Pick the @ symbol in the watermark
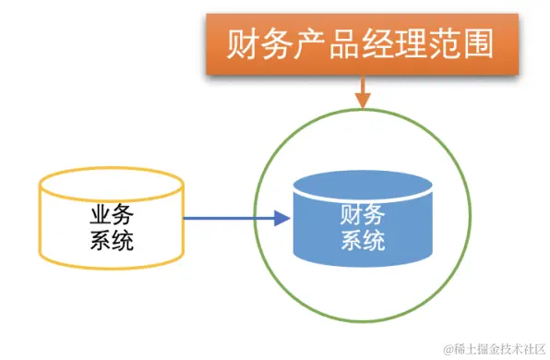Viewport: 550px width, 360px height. (x=448, y=348)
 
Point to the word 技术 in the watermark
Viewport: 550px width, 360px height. (x=513, y=348)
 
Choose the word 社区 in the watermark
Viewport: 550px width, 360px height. (x=535, y=348)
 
